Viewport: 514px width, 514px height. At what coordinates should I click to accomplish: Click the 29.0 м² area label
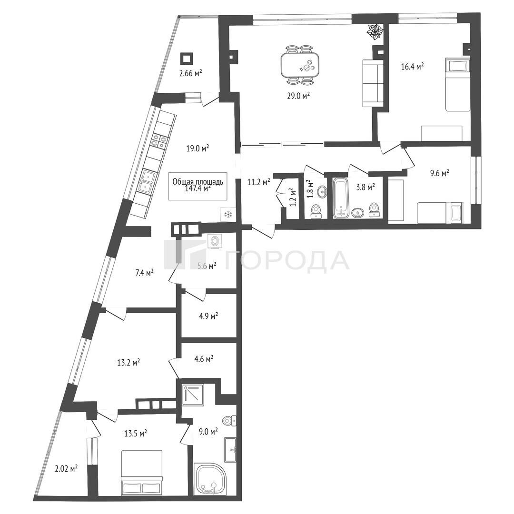[297, 96]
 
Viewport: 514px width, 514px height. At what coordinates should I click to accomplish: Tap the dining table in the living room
[300, 65]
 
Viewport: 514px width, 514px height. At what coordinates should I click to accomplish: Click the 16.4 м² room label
[412, 67]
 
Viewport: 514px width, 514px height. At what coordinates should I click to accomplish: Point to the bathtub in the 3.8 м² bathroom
[341, 198]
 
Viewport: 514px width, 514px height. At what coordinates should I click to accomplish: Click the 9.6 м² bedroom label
[440, 172]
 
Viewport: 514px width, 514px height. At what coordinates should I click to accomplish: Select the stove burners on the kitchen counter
[159, 140]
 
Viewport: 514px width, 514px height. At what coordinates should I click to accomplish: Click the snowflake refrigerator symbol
[227, 215]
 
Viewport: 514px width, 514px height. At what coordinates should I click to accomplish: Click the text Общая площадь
[198, 182]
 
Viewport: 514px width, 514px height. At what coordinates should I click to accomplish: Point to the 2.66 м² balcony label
[190, 73]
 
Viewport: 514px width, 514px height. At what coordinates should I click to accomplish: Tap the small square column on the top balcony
[186, 59]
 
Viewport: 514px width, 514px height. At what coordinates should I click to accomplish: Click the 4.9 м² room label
[209, 316]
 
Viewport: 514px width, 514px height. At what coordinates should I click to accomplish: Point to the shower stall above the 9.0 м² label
[193, 394]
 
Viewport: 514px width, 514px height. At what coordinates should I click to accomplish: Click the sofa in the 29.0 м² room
[373, 83]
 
